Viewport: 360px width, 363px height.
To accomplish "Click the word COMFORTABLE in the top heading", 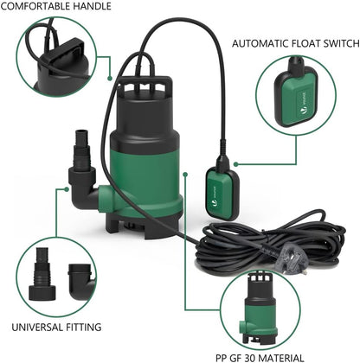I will pyautogui.click(x=34, y=6).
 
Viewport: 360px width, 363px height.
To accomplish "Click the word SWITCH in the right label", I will pyautogui.click(x=333, y=42).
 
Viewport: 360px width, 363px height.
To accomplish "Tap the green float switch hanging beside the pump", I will pyautogui.click(x=220, y=187).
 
